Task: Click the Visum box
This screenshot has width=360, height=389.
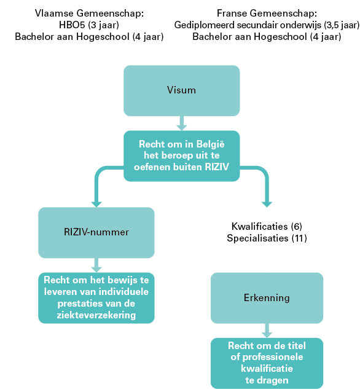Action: tap(181, 90)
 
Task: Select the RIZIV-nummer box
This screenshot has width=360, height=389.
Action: tap(96, 232)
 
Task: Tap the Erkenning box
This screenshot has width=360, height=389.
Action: tap(267, 297)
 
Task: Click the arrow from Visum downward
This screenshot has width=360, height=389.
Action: tap(181, 123)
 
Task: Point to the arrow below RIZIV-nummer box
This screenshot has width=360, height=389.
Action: tap(96, 265)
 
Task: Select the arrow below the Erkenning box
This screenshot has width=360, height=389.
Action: tap(267, 331)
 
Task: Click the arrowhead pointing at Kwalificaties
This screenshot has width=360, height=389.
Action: tap(267, 203)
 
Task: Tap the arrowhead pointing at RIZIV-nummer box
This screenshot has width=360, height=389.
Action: tap(96, 203)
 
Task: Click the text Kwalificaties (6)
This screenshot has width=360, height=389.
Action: tap(267, 226)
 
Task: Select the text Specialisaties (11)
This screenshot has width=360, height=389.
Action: tap(267, 238)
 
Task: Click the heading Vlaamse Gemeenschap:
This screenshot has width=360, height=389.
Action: tap(89, 13)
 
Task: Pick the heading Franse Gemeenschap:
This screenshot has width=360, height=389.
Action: tap(267, 13)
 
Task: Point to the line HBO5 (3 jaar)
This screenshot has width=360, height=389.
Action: tap(89, 25)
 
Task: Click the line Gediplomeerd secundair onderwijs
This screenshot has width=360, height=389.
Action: tap(248, 25)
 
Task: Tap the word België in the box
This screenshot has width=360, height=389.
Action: tap(210, 144)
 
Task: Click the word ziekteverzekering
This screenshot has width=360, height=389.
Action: tap(96, 315)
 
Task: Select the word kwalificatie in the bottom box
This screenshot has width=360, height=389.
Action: tap(267, 369)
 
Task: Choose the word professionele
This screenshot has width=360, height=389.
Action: tap(273, 357)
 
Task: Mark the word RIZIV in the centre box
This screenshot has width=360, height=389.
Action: tap(217, 167)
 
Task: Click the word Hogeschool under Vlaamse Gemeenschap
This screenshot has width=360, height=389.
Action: tap(103, 37)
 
